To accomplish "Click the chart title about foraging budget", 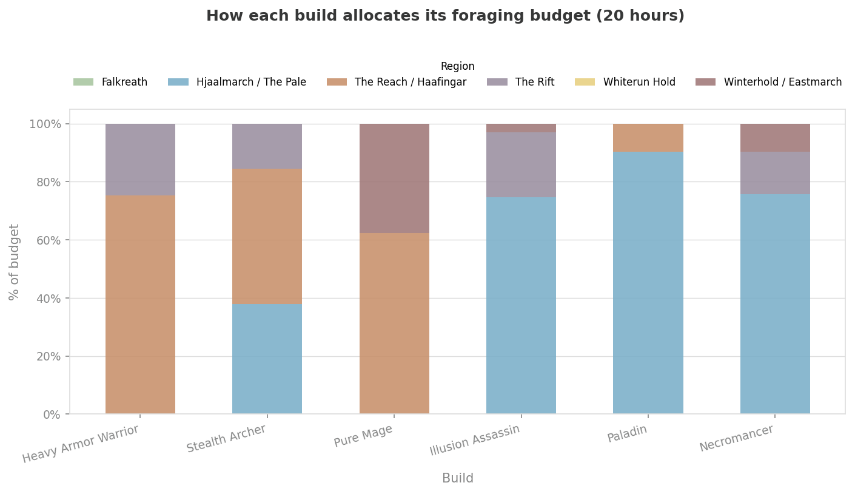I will click(x=445, y=16).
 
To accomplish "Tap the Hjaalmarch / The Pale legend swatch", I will click(x=178, y=82).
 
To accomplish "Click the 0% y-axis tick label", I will click(x=52, y=414).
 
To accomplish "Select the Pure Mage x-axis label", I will click(x=363, y=436).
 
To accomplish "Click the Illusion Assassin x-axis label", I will click(x=474, y=440).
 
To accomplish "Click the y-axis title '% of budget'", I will click(x=15, y=262).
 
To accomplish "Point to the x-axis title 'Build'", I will click(x=457, y=478).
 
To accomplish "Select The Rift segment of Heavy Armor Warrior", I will click(x=140, y=160).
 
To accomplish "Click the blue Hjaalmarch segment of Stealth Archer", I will click(x=267, y=359).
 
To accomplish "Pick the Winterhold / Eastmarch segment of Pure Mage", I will click(x=394, y=178).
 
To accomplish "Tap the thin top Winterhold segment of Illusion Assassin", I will click(x=521, y=128).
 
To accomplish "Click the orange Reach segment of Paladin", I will click(x=648, y=138).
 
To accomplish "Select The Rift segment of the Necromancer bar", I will click(x=775, y=173).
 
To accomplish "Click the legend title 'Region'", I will click(x=457, y=67).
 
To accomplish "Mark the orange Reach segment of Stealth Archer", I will click(x=267, y=237).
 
